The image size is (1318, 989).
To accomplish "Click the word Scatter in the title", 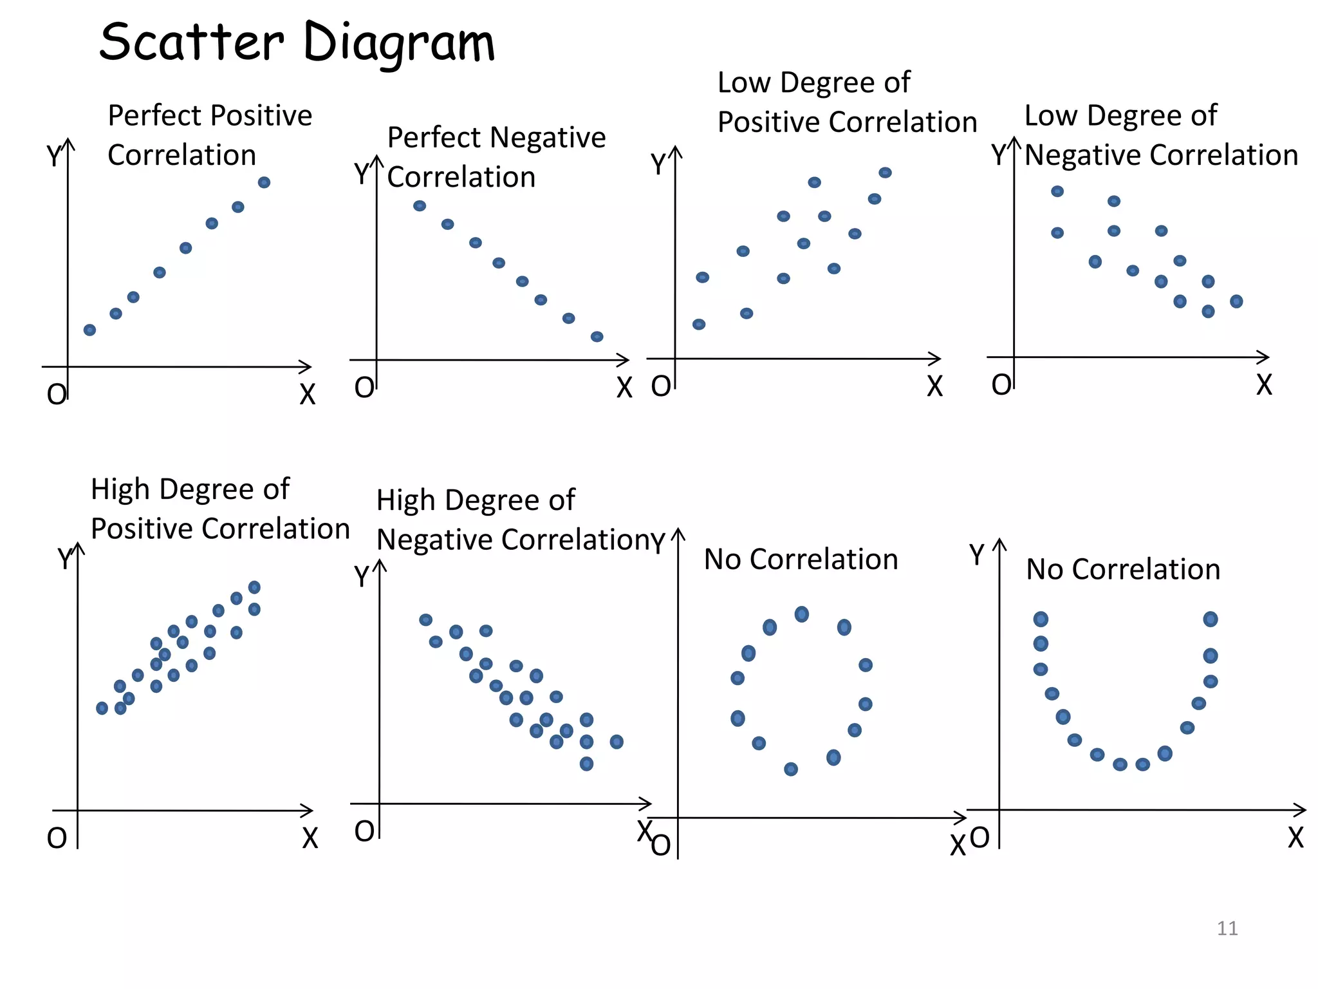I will [x=191, y=42].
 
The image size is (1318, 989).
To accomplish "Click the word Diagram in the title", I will [x=398, y=44].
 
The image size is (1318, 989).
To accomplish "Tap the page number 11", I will [x=1227, y=928].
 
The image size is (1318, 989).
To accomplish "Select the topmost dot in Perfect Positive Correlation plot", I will [x=264, y=183].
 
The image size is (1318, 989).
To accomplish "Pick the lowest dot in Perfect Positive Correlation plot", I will [x=90, y=330].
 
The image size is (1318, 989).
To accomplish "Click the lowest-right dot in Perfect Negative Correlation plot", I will [x=597, y=337].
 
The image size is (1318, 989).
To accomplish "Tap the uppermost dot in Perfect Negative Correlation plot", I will [x=420, y=206].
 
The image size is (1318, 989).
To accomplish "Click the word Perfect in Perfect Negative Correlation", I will [x=434, y=138].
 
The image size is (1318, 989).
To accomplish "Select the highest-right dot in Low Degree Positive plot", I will [x=885, y=173].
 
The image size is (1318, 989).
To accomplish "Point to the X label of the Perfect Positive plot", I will [x=308, y=394].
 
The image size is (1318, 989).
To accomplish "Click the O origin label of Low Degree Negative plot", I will [x=1001, y=385].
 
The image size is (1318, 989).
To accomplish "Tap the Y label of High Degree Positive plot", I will [x=64, y=558].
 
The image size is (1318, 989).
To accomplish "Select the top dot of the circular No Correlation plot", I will [x=801, y=614].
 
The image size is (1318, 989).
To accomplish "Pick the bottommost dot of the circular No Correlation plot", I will [x=791, y=769].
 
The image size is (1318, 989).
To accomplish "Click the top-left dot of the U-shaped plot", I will [x=1041, y=619].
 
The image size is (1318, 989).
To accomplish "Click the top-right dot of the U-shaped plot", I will [x=1210, y=619].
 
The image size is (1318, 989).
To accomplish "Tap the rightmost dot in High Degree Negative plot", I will [x=617, y=742].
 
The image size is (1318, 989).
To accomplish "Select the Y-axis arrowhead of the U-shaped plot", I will [x=999, y=543].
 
